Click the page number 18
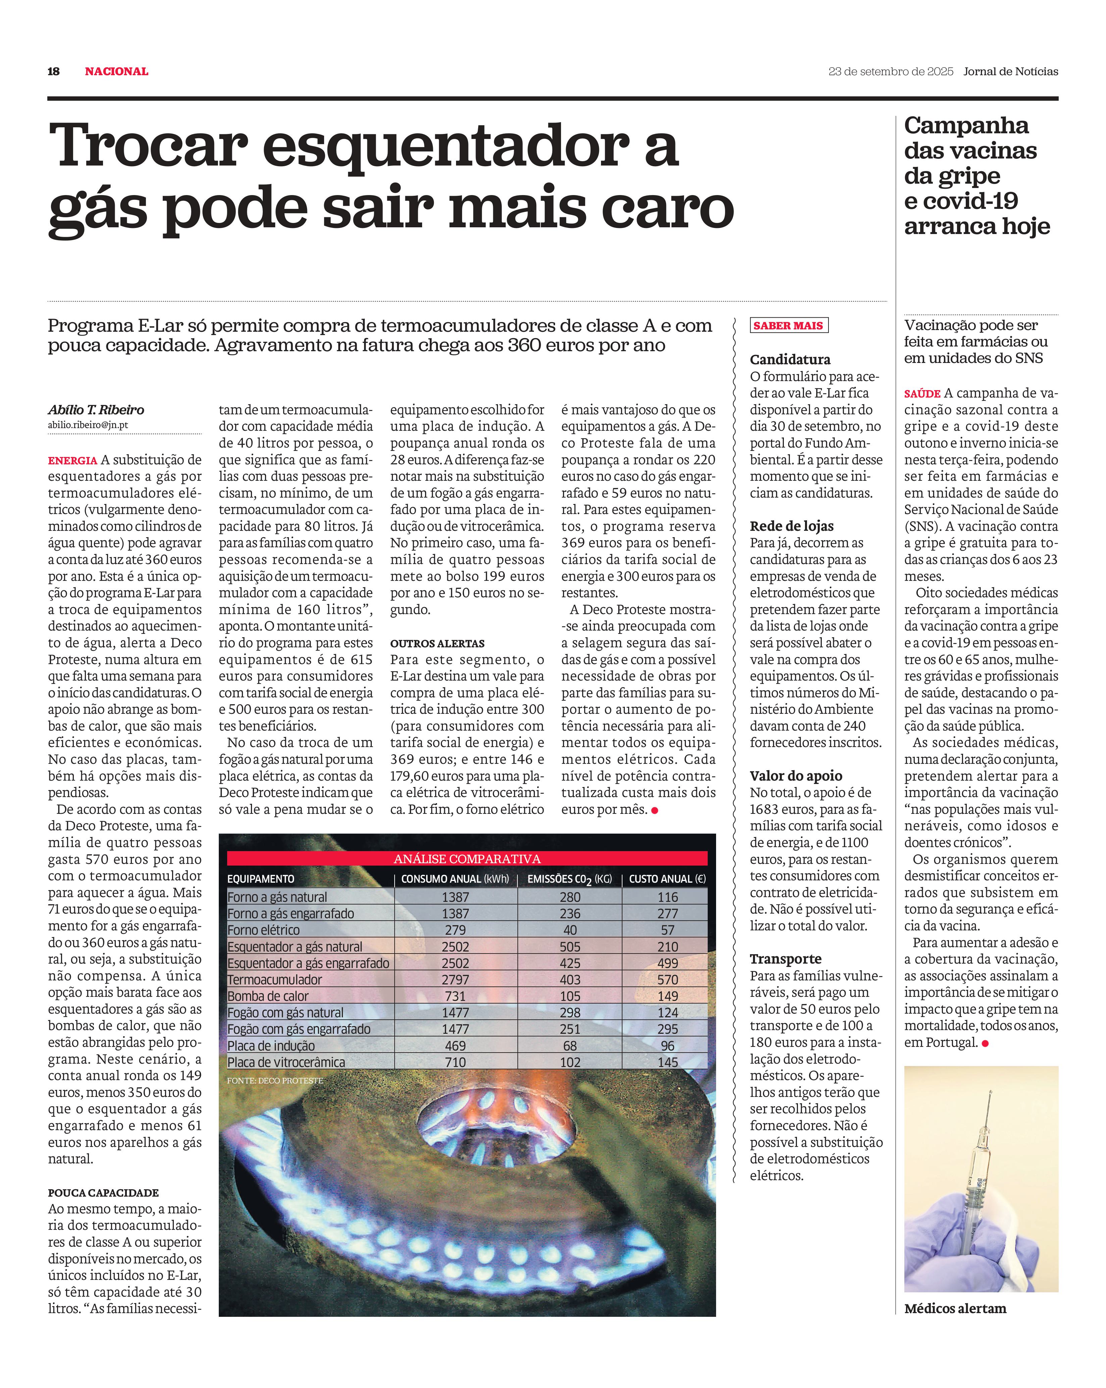(53, 72)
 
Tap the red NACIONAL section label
(116, 72)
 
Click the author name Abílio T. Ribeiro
(96, 410)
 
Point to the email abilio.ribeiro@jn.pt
(88, 425)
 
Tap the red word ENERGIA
(72, 461)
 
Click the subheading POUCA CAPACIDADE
(103, 1193)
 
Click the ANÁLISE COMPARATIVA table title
(467, 859)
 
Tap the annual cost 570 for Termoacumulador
(667, 980)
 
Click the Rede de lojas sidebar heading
(791, 526)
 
